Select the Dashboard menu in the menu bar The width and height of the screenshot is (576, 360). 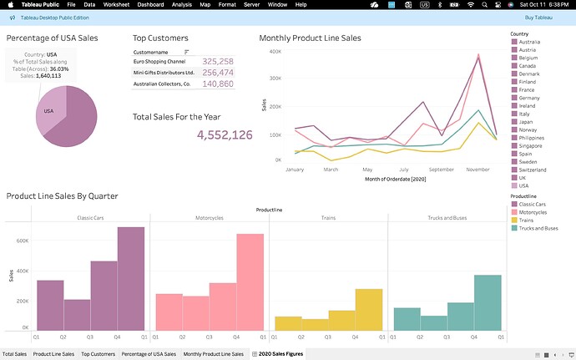pos(151,5)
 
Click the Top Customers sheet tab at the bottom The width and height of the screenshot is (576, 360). pos(98,354)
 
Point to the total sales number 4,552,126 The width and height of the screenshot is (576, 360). pos(225,134)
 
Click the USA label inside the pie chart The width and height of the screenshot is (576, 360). pos(48,110)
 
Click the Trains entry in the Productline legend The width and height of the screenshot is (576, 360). pos(526,220)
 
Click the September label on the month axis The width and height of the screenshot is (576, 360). pos(442,170)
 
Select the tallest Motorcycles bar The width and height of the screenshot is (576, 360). pos(250,282)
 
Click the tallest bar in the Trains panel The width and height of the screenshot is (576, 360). pos(369,310)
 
